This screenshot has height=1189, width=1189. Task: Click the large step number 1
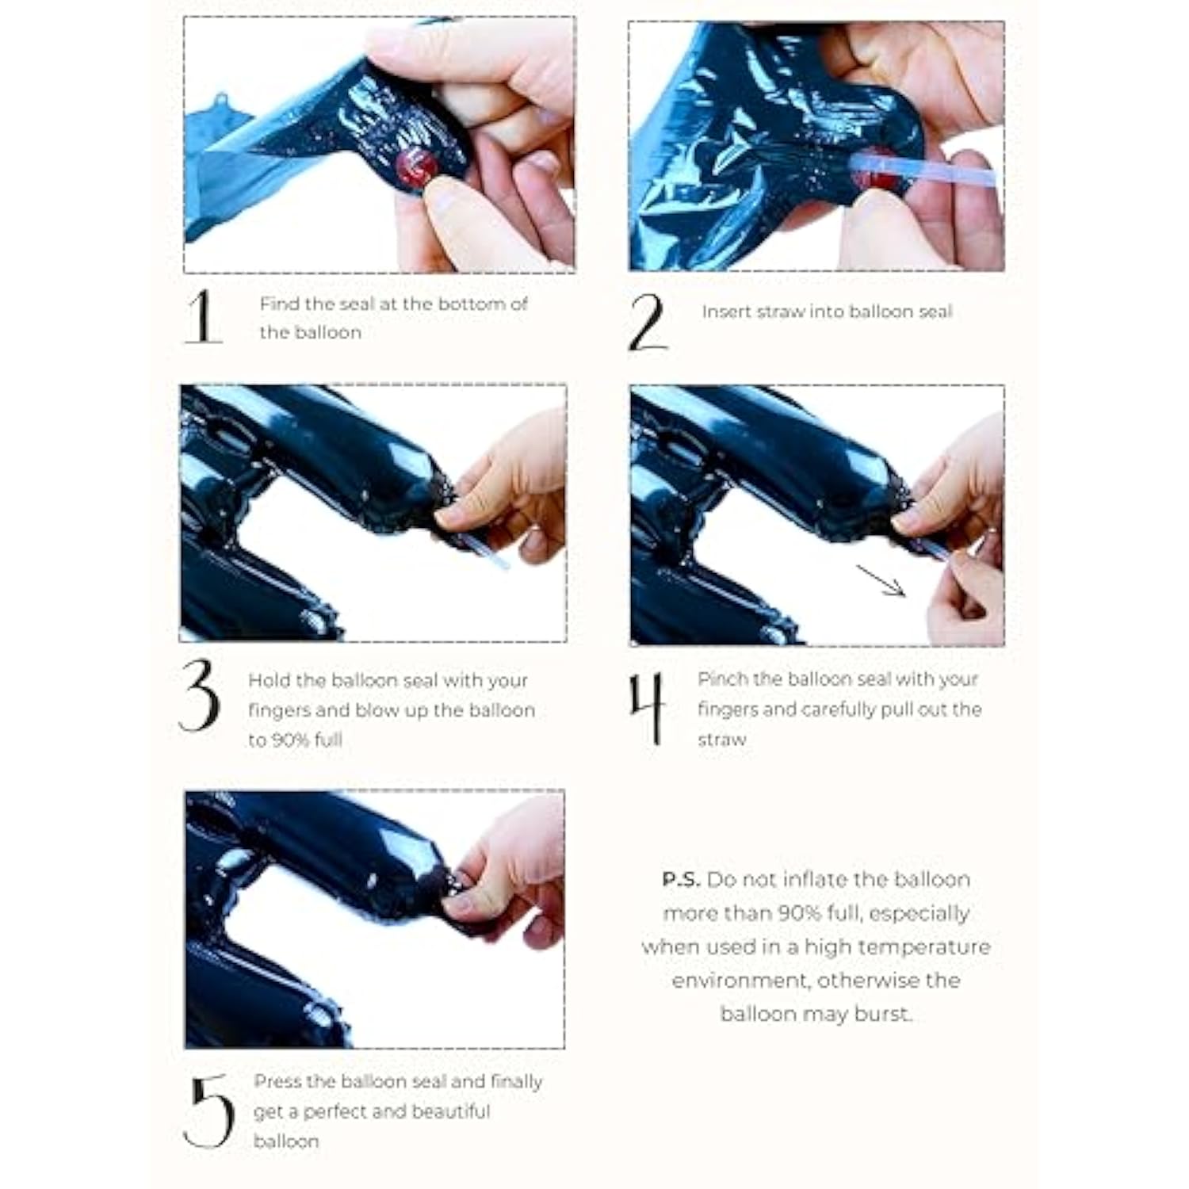click(x=203, y=316)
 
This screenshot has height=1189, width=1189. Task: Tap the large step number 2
click(x=648, y=322)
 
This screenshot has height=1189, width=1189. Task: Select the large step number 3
click(x=198, y=694)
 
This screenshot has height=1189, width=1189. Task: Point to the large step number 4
click(x=646, y=708)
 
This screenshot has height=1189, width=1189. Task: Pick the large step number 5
click(x=208, y=1111)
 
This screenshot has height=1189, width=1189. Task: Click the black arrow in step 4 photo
click(x=881, y=581)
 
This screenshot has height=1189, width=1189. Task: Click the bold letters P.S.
click(x=682, y=880)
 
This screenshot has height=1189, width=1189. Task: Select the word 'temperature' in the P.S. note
click(x=925, y=948)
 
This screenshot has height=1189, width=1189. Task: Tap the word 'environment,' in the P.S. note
click(x=742, y=981)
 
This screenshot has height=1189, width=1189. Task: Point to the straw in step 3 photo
click(x=491, y=552)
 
